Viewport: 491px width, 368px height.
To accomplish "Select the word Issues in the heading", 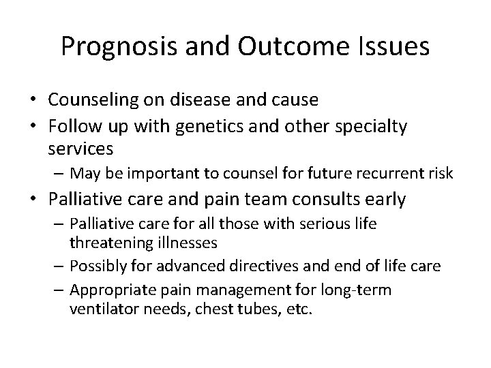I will point(397,46).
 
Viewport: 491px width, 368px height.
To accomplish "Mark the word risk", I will point(440,174).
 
